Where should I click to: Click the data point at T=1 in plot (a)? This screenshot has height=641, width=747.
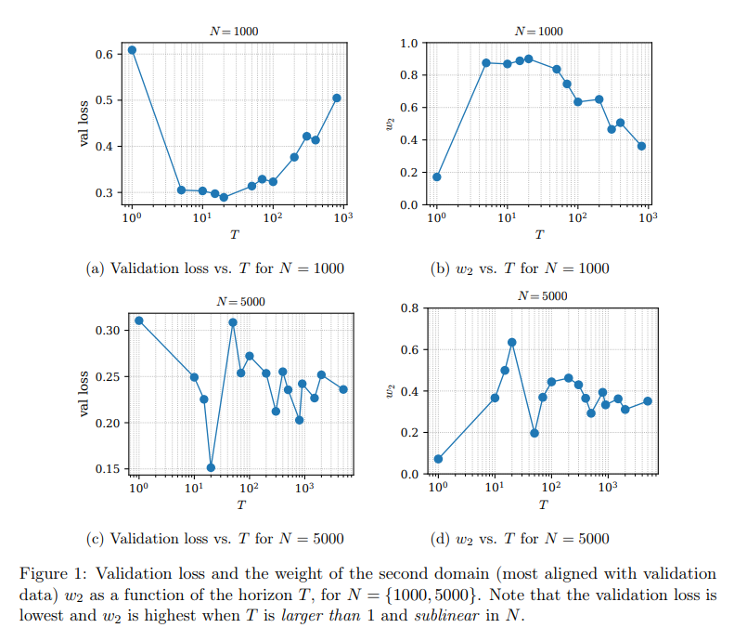(132, 50)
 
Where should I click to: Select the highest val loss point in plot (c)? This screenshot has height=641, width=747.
(138, 320)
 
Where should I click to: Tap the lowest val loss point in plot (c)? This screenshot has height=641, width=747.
(211, 468)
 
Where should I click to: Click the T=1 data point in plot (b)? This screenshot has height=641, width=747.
(436, 177)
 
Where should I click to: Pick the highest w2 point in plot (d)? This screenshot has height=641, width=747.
(511, 343)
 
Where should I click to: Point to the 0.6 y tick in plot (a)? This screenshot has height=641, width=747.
(103, 54)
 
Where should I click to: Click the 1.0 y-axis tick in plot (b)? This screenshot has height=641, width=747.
(407, 43)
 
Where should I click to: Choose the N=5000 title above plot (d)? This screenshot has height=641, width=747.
(543, 296)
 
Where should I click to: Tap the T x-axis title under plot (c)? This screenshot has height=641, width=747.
(241, 505)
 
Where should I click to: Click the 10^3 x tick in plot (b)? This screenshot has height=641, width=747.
(648, 217)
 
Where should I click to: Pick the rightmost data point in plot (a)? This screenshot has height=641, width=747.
(337, 98)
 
